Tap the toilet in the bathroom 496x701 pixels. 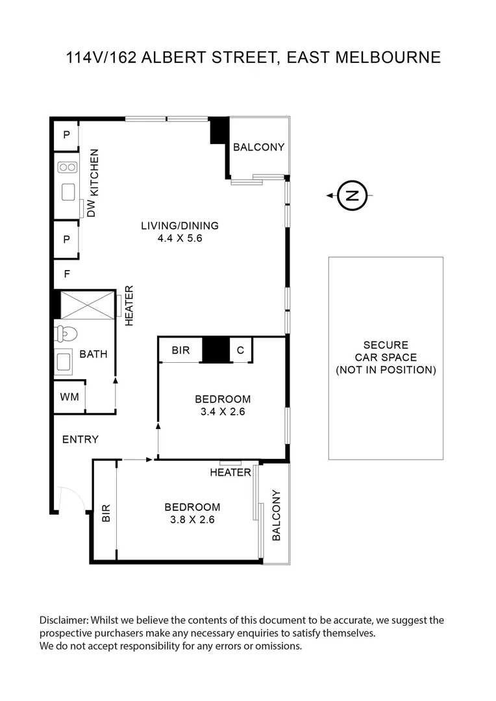click(66, 334)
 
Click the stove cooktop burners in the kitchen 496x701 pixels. click(67, 167)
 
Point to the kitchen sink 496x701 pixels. click(68, 192)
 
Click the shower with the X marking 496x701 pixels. click(87, 304)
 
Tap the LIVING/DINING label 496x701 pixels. click(180, 226)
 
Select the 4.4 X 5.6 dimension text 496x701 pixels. click(180, 238)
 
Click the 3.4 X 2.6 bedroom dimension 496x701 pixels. click(223, 412)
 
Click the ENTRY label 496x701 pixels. click(81, 439)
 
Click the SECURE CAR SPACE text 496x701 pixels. click(386, 358)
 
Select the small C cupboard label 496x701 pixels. click(240, 350)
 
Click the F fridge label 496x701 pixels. click(67, 274)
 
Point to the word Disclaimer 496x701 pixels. click(64, 621)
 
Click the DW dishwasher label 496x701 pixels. click(92, 208)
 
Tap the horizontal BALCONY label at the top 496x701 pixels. click(258, 147)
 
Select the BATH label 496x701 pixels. click(93, 354)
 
